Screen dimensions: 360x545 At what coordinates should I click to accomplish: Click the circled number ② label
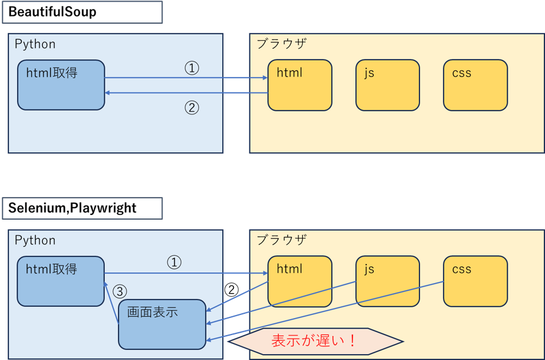[191, 107]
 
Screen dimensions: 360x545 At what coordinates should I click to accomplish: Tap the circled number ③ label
[120, 291]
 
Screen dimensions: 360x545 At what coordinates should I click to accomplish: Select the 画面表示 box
[162, 324]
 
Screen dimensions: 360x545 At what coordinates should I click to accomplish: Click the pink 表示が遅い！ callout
[315, 341]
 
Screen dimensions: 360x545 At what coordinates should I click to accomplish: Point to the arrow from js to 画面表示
[281, 303]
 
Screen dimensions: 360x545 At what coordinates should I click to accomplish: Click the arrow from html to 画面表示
[237, 295]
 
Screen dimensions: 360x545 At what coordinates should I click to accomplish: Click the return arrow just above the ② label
[186, 93]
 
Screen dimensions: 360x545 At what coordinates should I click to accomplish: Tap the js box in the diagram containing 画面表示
[387, 281]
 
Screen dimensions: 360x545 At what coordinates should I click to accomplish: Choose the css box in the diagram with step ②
[475, 85]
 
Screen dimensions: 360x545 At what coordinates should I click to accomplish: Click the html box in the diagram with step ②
[300, 85]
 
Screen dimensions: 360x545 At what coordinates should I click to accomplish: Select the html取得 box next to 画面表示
[60, 281]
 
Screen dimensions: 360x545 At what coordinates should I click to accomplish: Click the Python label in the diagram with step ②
[35, 44]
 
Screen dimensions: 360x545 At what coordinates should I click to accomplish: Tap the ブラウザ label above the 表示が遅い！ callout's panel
[281, 240]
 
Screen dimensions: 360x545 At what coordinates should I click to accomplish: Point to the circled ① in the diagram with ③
[174, 262]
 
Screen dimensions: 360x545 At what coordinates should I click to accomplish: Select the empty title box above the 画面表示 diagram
[82, 208]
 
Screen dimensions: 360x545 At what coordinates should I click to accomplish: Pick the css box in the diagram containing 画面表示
[475, 281]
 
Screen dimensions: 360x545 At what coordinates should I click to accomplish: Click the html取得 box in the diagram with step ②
[61, 85]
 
